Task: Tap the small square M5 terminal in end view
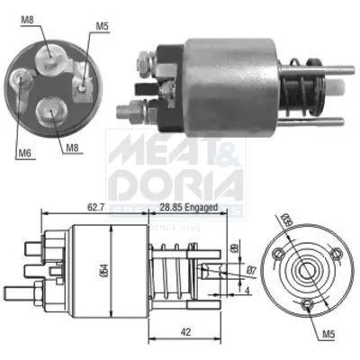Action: [x=83, y=86]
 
